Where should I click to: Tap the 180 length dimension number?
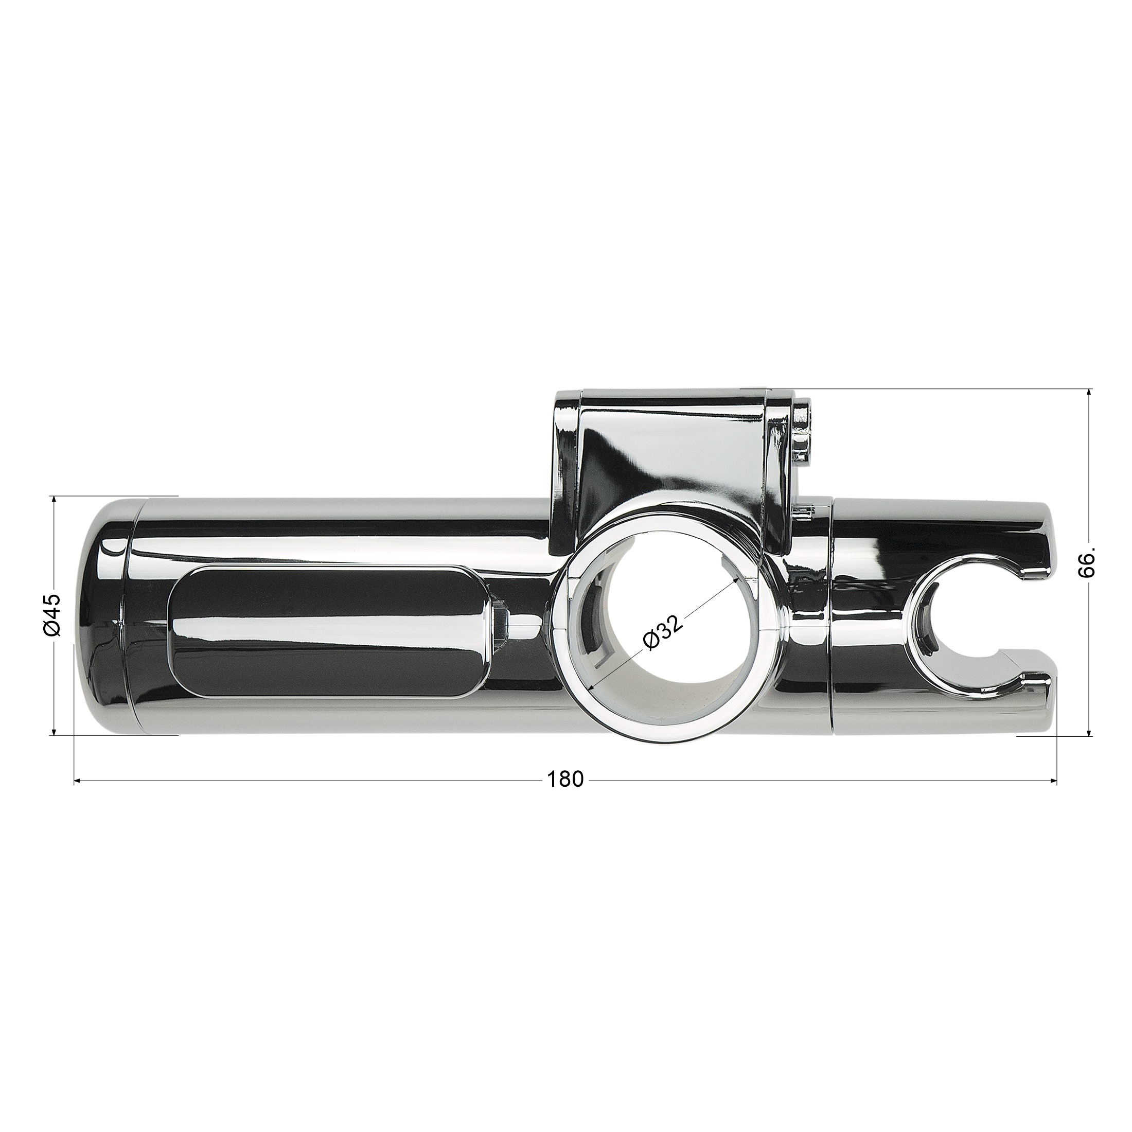tap(565, 779)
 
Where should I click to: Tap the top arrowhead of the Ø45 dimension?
tap(54, 501)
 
